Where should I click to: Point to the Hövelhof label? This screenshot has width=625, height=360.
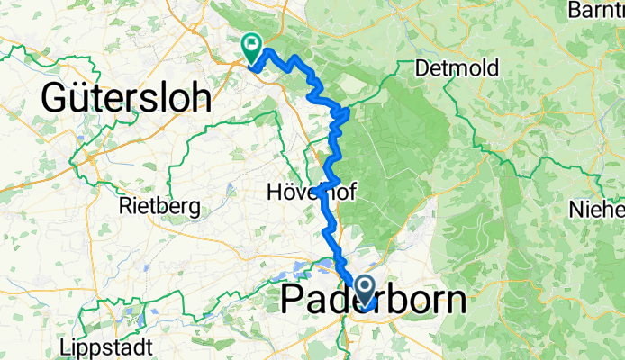pyautogui.click(x=303, y=192)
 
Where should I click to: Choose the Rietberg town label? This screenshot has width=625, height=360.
pyautogui.click(x=159, y=206)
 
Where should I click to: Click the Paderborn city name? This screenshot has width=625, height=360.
pyautogui.click(x=374, y=301)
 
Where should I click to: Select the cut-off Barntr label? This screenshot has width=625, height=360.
pyautogui.click(x=597, y=12)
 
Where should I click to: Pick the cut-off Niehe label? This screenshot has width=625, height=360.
pyautogui.click(x=596, y=210)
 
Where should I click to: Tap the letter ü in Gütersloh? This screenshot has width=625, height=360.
pyautogui.click(x=79, y=98)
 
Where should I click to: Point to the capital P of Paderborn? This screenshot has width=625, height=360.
pyautogui.click(x=295, y=301)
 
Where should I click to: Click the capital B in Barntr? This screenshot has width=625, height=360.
pyautogui.click(x=575, y=12)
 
